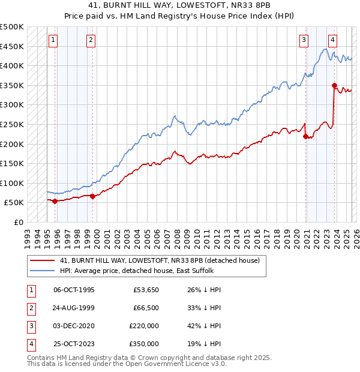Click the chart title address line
point(179,5)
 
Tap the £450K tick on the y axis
point(12,46)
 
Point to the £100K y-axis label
point(12,183)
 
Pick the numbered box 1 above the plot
point(53,40)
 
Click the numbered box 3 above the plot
point(304,40)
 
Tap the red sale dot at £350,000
point(334,85)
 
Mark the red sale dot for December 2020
point(305,136)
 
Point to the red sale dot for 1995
point(55,201)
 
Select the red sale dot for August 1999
point(92,196)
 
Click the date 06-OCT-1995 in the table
point(74,290)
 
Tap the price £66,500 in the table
point(144,308)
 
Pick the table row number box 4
point(30,344)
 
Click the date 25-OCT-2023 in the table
point(74,344)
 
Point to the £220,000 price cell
point(144,326)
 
